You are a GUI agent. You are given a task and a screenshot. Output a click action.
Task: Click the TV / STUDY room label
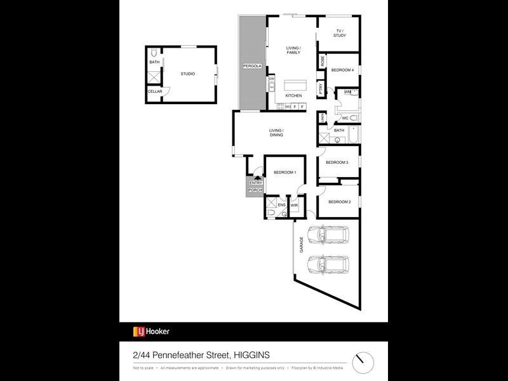[x=339, y=32]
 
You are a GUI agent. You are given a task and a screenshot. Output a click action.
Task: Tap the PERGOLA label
[x=252, y=66]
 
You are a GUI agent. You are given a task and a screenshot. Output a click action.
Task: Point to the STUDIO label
[x=187, y=74]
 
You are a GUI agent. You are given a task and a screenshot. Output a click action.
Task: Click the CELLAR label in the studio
[x=155, y=91]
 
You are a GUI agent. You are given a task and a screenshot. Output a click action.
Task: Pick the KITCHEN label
[x=293, y=95]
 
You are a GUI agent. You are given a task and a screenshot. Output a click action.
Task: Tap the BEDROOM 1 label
[x=285, y=173]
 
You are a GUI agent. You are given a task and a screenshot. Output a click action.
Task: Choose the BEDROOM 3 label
[x=337, y=163]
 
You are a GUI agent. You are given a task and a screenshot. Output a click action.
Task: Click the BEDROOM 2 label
[x=338, y=202]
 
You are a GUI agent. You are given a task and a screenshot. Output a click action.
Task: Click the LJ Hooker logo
[x=151, y=331]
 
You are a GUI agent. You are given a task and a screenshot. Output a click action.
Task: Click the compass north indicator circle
[x=364, y=361]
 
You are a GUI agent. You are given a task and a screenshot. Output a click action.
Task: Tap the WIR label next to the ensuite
[x=294, y=206]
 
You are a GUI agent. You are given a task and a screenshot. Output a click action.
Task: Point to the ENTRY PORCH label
[x=255, y=187]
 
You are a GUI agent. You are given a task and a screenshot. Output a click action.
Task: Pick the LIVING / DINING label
[x=276, y=132]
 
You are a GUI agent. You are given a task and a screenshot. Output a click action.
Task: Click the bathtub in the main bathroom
[x=352, y=135]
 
